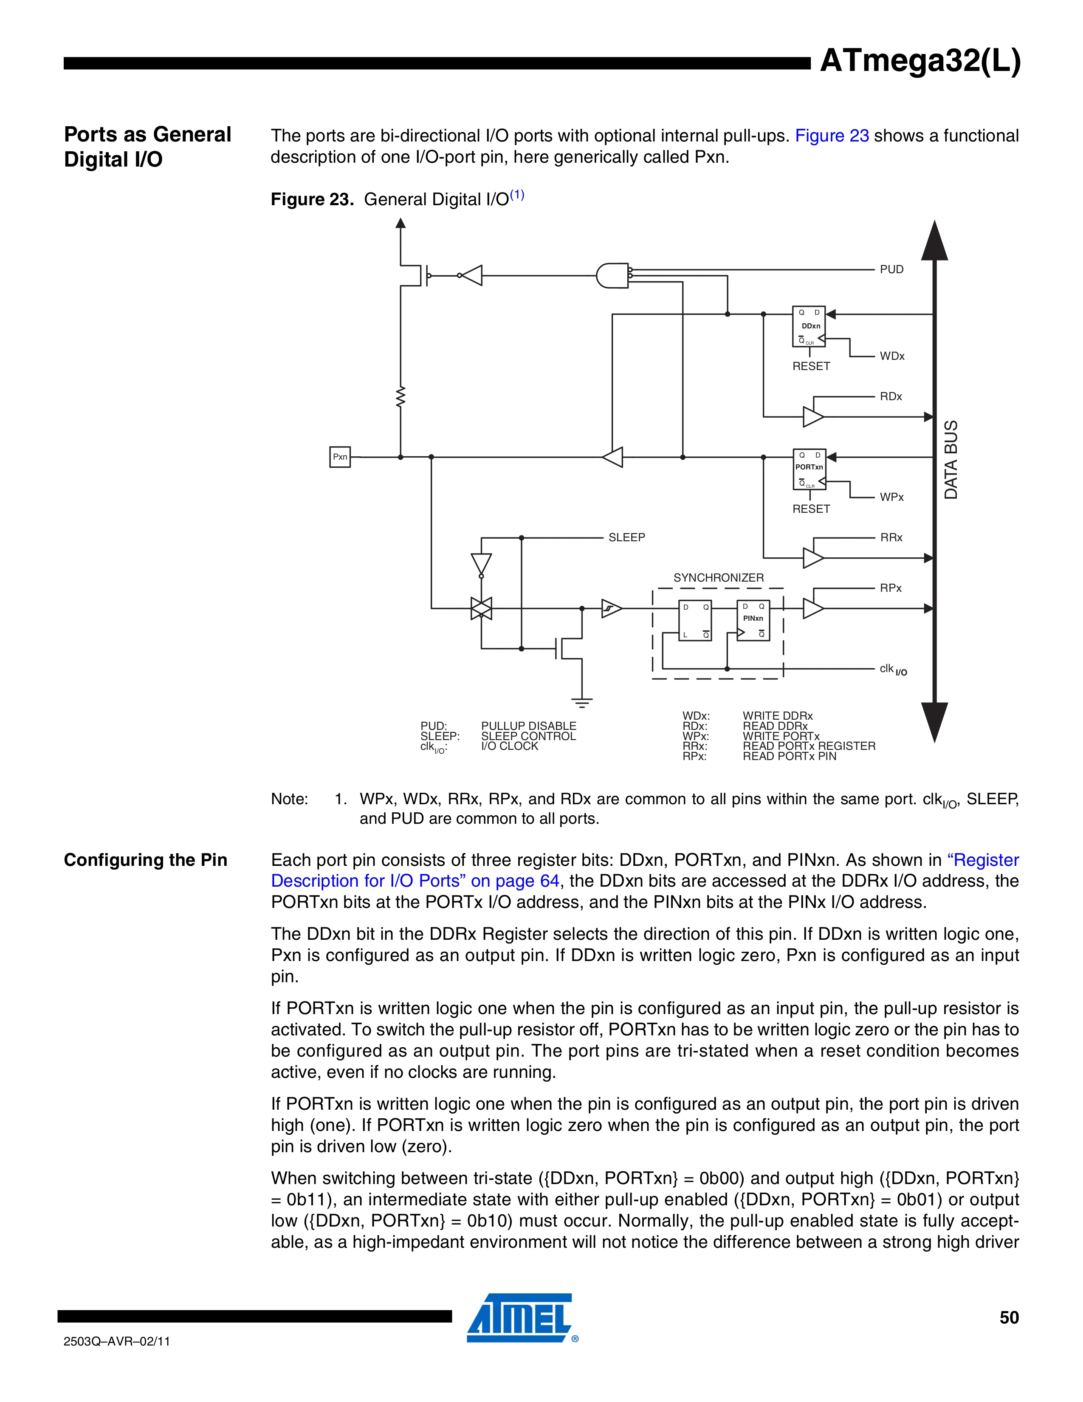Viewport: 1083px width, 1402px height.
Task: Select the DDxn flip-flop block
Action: (x=809, y=326)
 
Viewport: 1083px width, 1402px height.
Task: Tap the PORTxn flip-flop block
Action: (x=809, y=469)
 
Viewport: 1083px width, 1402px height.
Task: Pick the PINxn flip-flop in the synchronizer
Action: (x=753, y=621)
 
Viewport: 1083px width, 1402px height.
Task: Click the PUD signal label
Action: (x=891, y=270)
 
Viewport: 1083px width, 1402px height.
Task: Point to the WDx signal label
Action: (x=892, y=356)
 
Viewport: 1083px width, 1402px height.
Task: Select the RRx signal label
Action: (x=891, y=538)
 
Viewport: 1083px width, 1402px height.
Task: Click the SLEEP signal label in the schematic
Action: (x=626, y=538)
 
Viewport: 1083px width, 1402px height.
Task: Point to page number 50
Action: (x=1009, y=1317)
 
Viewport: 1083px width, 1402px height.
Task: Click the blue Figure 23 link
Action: (x=832, y=136)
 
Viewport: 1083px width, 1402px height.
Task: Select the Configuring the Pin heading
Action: (x=146, y=860)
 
